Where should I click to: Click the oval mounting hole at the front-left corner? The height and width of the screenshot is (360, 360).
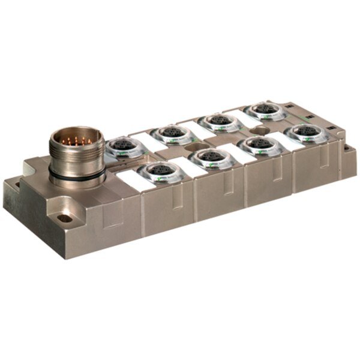point(65,218)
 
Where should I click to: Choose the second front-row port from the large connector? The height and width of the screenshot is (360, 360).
point(212,157)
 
